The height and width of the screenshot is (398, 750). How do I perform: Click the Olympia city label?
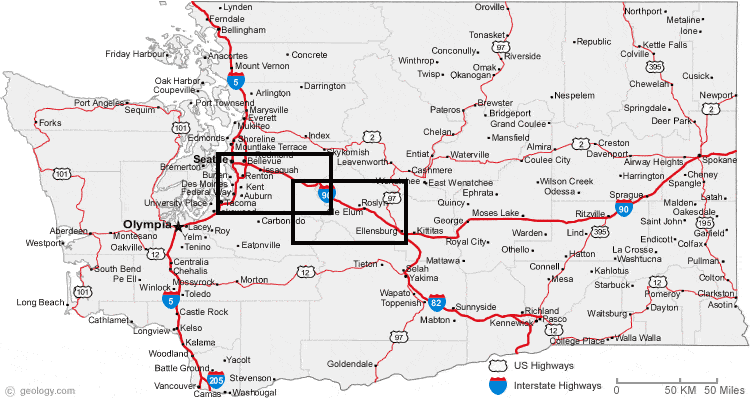pyautogui.click(x=146, y=225)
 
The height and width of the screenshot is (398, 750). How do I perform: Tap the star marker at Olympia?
pyautogui.click(x=178, y=227)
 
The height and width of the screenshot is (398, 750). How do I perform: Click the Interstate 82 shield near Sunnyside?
pyautogui.click(x=437, y=302)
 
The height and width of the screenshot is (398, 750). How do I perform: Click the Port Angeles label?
pyautogui.click(x=97, y=102)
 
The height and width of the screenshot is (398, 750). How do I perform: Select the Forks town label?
pyautogui.click(x=50, y=123)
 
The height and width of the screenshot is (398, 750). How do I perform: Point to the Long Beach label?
pyautogui.click(x=41, y=301)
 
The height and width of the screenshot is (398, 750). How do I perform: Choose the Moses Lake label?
pyautogui.click(x=495, y=213)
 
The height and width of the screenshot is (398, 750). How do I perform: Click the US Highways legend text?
pyautogui.click(x=546, y=366)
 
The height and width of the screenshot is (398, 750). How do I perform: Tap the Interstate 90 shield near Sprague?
pyautogui.click(x=623, y=209)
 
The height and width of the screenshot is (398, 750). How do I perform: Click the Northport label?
pyautogui.click(x=643, y=11)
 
